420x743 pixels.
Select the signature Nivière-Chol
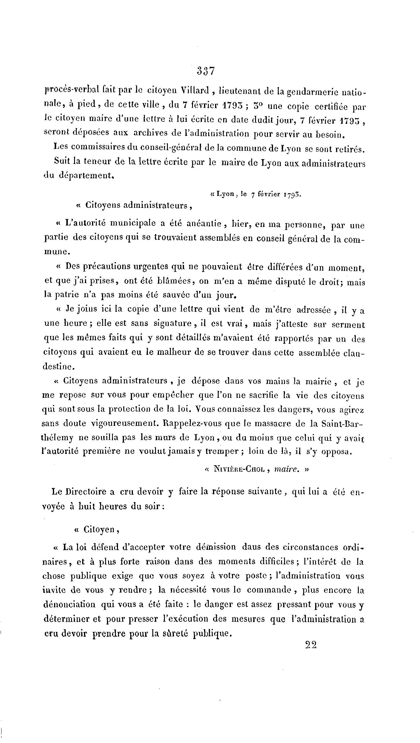coord(239,469)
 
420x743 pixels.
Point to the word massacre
coord(268,423)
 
